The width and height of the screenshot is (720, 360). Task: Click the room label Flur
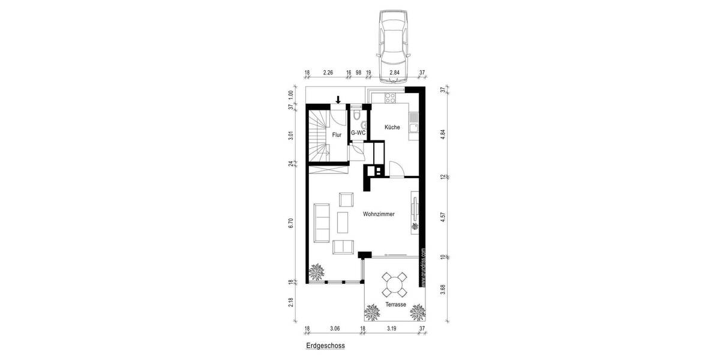(337, 135)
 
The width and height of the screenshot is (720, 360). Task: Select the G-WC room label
(358, 133)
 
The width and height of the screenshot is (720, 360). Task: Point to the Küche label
(392, 127)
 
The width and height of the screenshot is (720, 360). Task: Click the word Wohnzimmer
(379, 214)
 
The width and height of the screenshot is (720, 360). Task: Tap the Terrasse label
(396, 305)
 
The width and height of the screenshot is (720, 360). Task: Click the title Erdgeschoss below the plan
(326, 346)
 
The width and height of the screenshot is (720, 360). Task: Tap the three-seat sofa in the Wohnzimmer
(322, 222)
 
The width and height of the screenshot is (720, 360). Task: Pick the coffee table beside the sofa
(344, 222)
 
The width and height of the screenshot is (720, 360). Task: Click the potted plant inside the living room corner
(316, 273)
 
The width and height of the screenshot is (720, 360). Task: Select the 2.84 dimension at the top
(394, 73)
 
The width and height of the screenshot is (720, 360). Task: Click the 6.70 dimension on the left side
(290, 223)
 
